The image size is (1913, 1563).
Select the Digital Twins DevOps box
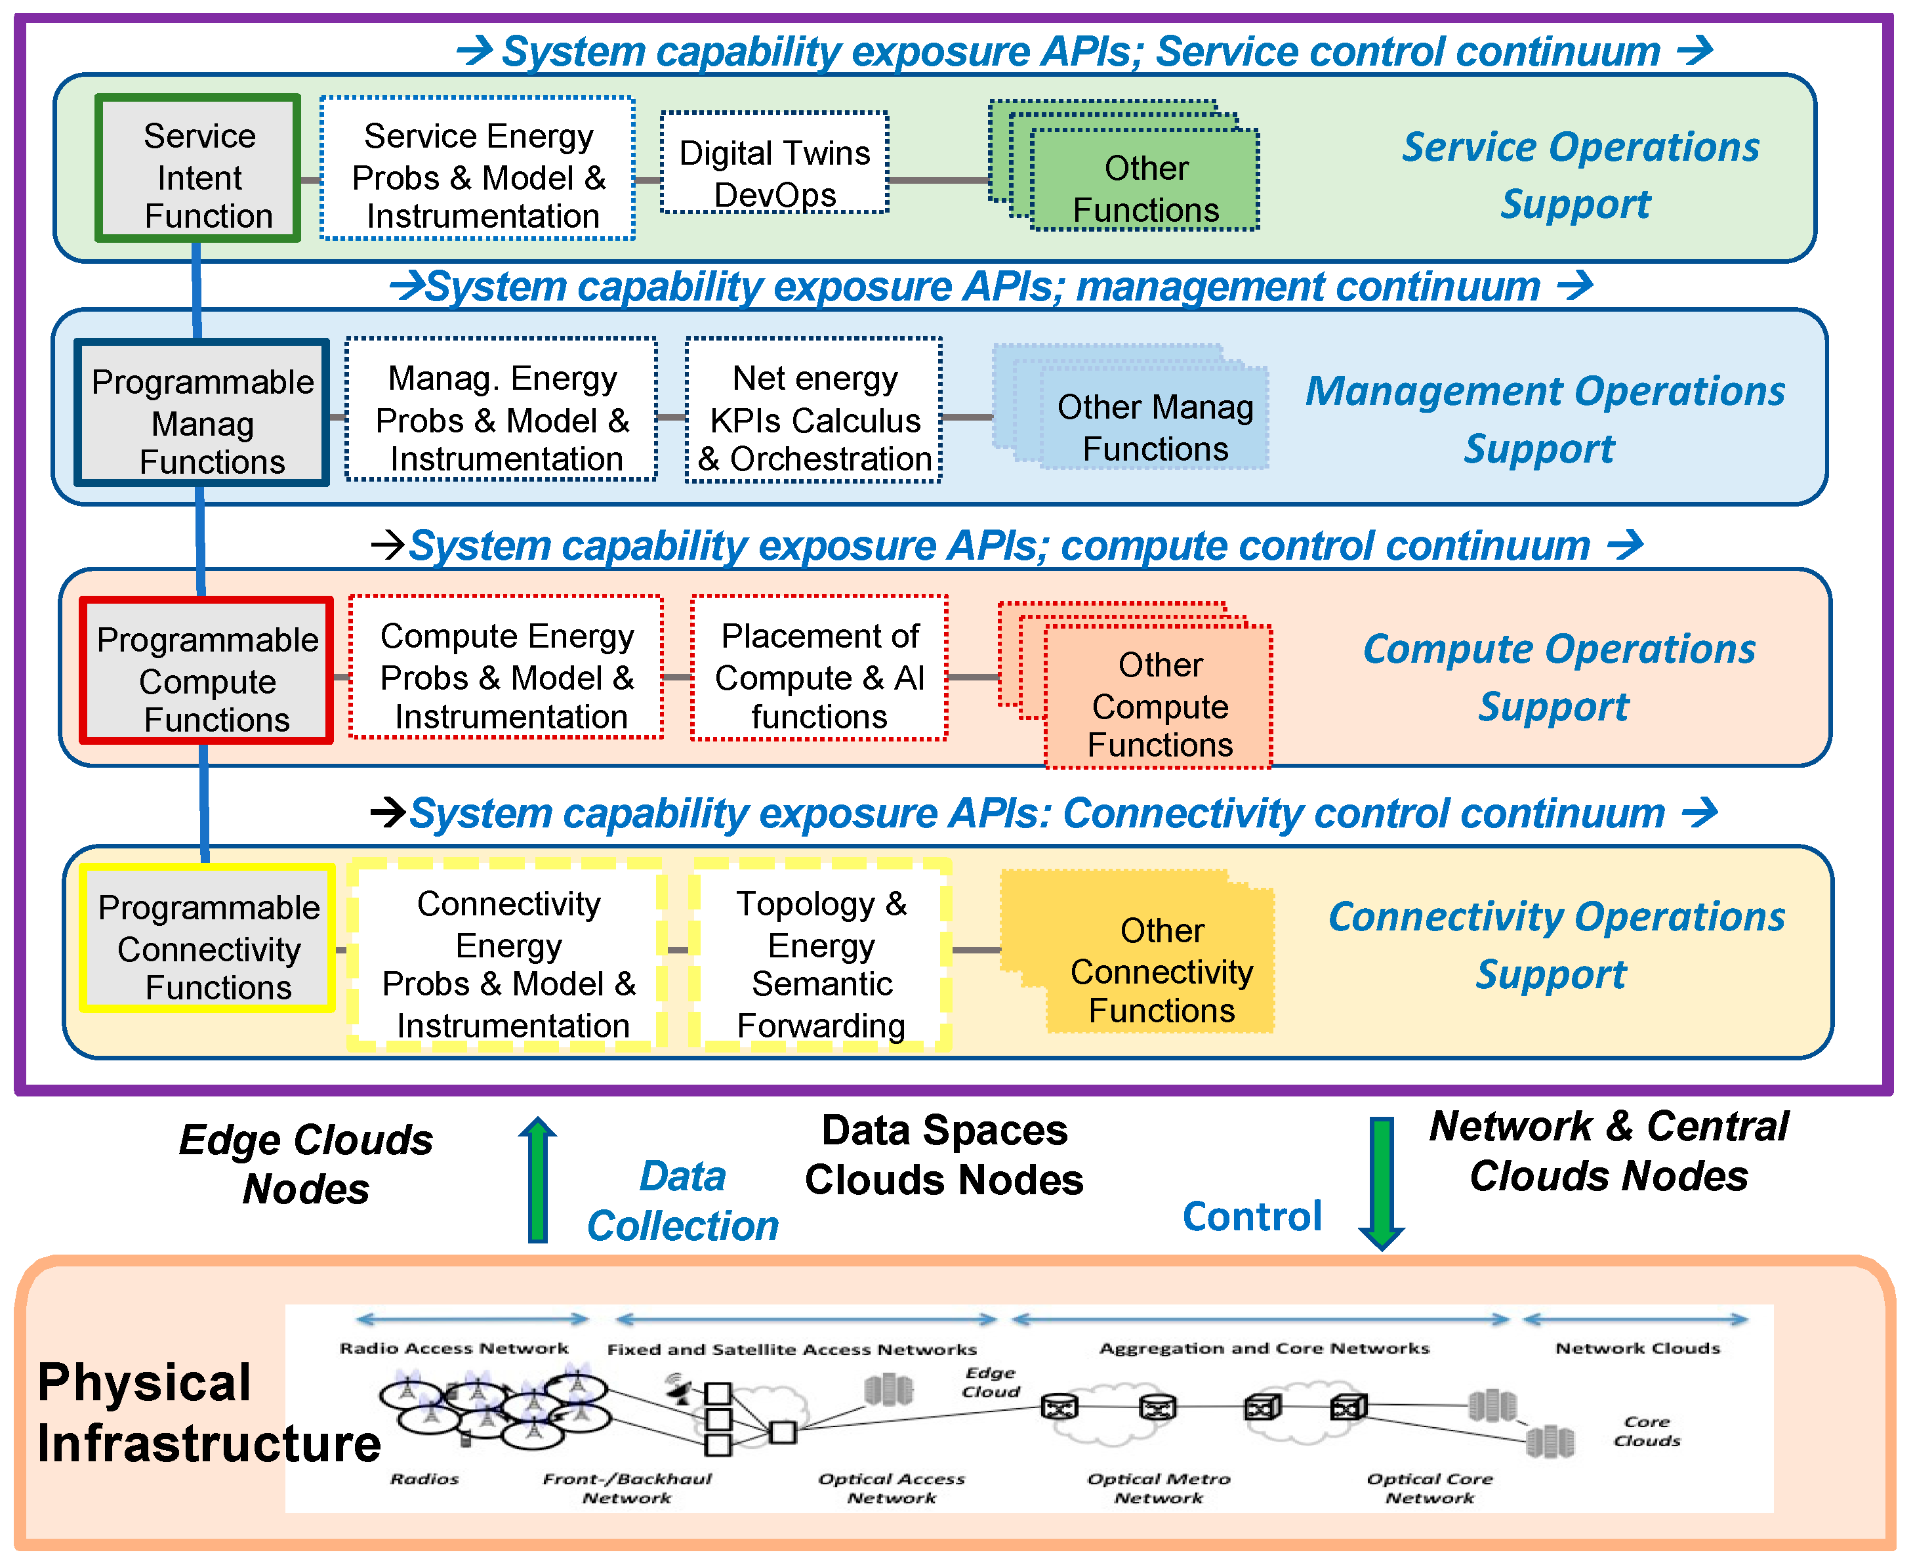tap(774, 163)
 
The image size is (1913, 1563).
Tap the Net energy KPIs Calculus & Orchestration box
tap(814, 411)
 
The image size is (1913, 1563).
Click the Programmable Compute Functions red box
tap(206, 671)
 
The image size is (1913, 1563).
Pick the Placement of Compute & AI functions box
tap(819, 668)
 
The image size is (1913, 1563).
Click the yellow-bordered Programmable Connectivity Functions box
tap(208, 939)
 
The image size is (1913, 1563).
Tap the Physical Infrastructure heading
tap(207, 1413)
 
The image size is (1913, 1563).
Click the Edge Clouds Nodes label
tap(306, 1164)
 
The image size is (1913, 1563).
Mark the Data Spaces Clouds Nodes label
tap(943, 1155)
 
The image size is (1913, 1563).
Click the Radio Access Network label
tap(454, 1348)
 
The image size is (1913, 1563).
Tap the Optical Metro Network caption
tap(1159, 1488)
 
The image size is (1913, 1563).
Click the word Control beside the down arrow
tap(1251, 1217)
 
